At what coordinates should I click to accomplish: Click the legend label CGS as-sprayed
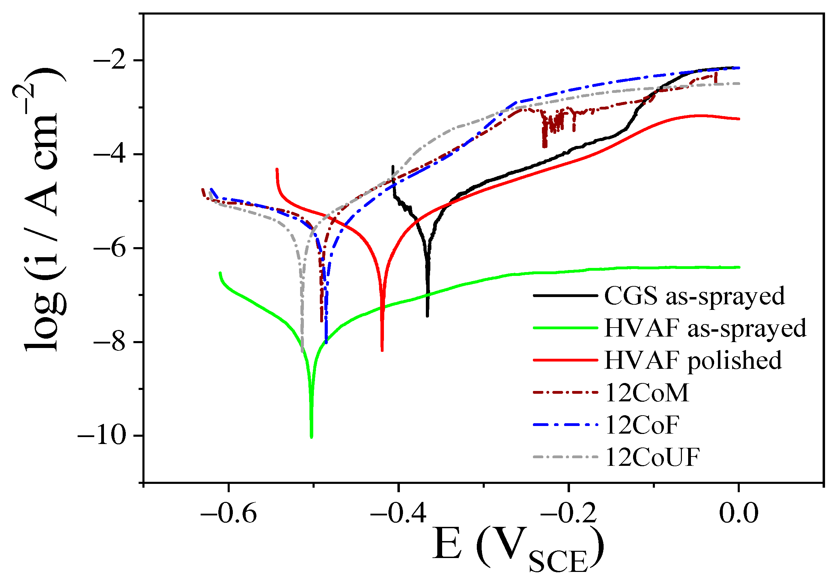pos(694,296)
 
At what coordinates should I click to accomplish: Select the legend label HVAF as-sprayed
pos(705,328)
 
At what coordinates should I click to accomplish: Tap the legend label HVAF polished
pos(693,360)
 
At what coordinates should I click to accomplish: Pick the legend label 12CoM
pos(647,392)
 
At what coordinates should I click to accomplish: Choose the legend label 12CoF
pos(642,425)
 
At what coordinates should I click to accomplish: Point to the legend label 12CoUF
pos(652,457)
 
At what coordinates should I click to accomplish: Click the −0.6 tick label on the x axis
pos(229,514)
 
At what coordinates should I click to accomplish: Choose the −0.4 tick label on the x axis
pos(398,514)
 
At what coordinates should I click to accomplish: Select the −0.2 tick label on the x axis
pos(569,514)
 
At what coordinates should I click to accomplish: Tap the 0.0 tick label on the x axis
pos(739,514)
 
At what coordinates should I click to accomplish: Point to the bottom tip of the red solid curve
pos(382,350)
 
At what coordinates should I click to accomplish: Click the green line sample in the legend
pos(565,328)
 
